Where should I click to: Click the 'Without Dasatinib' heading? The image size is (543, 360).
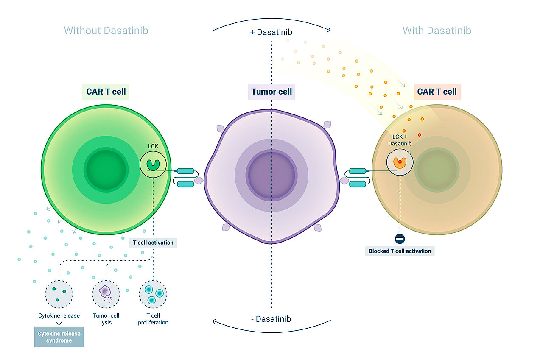(x=106, y=31)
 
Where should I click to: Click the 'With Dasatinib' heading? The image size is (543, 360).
(x=437, y=31)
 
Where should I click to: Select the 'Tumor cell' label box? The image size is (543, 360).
(x=271, y=92)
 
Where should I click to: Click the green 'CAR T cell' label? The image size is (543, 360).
(x=106, y=92)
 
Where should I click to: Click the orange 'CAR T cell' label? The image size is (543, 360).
(x=437, y=92)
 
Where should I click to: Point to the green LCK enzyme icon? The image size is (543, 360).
(x=153, y=165)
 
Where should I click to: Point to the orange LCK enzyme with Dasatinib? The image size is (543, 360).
(x=400, y=162)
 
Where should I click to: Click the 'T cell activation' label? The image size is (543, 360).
(x=153, y=243)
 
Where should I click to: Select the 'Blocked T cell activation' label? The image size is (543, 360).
(x=400, y=251)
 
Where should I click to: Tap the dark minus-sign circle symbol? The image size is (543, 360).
(x=400, y=239)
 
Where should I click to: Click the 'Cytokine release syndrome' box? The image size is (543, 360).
(x=59, y=337)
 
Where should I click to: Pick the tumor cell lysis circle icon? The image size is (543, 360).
(x=106, y=293)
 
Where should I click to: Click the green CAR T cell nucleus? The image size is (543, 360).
(x=106, y=170)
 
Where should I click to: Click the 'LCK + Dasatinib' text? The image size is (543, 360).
(x=400, y=140)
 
